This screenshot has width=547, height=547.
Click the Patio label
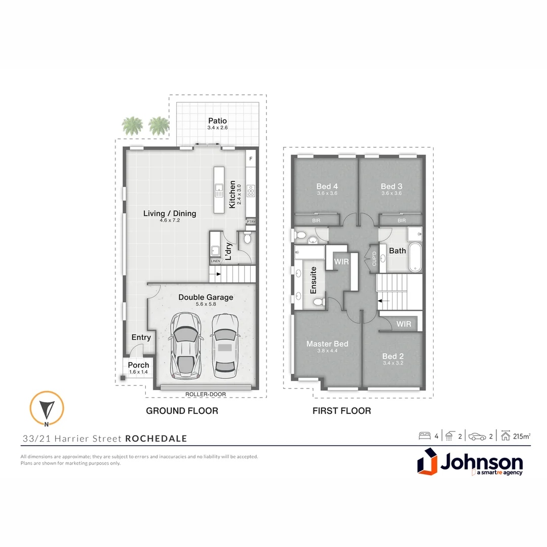(217, 121)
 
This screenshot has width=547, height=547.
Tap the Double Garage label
(206, 297)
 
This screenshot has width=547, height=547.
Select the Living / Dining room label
(170, 214)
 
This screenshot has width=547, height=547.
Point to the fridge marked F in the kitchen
(250, 159)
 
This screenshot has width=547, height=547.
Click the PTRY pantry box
(251, 222)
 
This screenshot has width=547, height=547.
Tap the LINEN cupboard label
(215, 261)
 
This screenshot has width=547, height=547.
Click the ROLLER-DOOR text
(206, 394)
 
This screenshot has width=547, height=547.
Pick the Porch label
(138, 365)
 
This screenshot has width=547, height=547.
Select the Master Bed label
(327, 344)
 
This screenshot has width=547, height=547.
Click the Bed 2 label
(393, 356)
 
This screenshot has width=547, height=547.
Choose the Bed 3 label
(392, 187)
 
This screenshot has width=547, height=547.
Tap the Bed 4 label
(327, 187)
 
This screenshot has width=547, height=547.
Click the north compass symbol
(47, 408)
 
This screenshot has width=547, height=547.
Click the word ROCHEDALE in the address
(156, 439)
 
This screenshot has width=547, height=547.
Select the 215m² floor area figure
(522, 436)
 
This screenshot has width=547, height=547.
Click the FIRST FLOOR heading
(342, 411)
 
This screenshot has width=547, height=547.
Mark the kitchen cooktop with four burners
(250, 190)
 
